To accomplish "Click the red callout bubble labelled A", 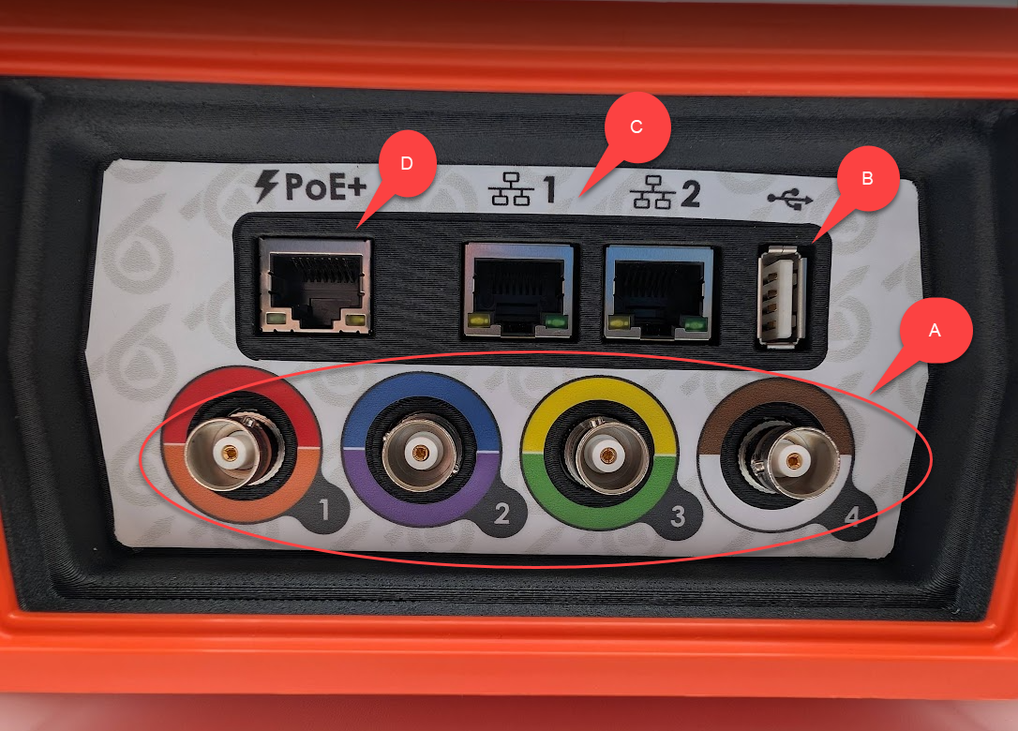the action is (x=935, y=331).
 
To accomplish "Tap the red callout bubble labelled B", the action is (x=867, y=178).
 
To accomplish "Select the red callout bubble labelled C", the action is (x=636, y=127).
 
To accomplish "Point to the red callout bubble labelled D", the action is (x=407, y=163).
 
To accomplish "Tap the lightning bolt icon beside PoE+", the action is (x=266, y=186).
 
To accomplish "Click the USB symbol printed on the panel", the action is (x=790, y=200).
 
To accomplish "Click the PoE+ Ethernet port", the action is (x=315, y=286).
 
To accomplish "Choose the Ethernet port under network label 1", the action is (x=518, y=291).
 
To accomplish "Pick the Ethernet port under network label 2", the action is (x=658, y=292).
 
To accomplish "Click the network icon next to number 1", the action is (x=512, y=189).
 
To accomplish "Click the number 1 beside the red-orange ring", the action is (x=324, y=510).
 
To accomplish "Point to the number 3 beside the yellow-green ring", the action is (x=678, y=516).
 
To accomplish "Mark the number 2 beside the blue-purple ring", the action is (x=502, y=513).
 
